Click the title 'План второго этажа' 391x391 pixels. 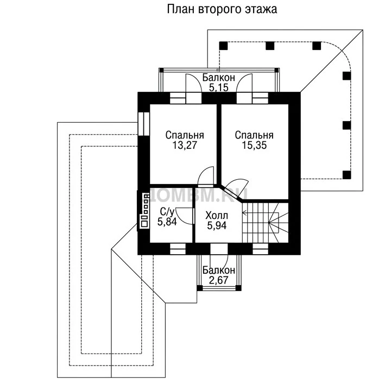pos(222,10)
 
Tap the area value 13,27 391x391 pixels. pos(185,145)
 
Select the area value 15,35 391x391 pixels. pos(254,145)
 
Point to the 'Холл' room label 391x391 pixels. pos(217,216)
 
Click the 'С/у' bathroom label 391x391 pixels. pos(167,212)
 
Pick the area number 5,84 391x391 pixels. pos(167,222)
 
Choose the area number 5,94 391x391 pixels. pos(217,225)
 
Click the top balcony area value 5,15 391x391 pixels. pos(219,88)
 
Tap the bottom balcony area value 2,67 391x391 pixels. pos(219,280)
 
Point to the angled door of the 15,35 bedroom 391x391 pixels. pos(235,186)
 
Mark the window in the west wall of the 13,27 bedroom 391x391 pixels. pos(143,124)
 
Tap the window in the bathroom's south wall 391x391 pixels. pos(178,249)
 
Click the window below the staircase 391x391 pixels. pos(260,249)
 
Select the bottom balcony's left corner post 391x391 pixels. pos(199,288)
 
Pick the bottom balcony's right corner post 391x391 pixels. pos(238,288)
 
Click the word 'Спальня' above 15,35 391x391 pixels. pos(254,135)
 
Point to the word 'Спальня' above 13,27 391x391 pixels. pos(185,135)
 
